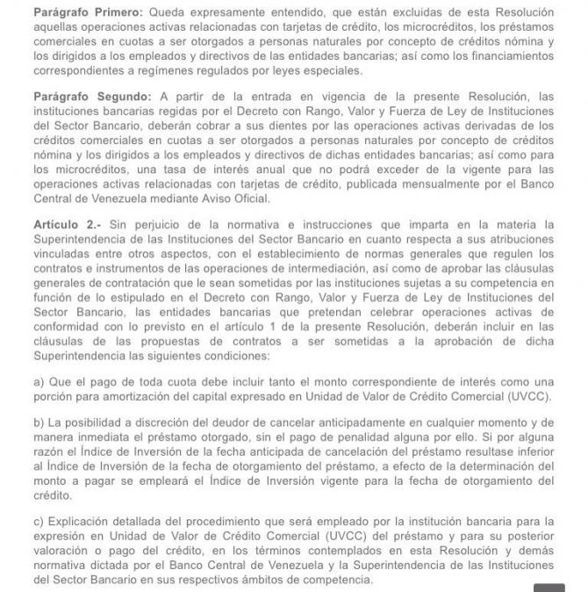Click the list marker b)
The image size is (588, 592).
[39, 422]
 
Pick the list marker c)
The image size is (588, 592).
[39, 523]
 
